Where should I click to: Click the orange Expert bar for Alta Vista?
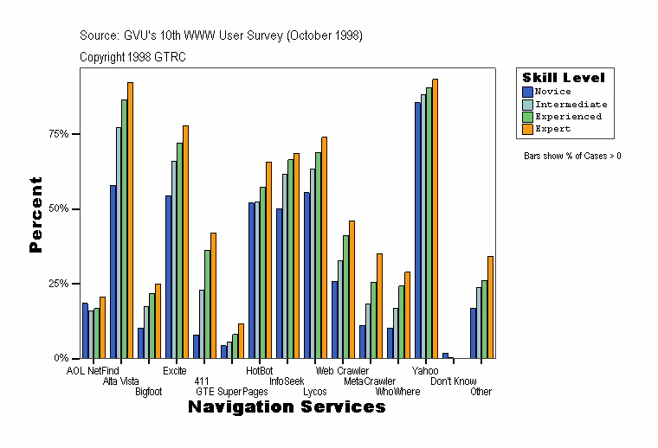point(130,221)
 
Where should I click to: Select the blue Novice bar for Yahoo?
point(417,230)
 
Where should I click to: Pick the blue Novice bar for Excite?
point(168,277)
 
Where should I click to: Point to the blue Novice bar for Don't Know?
point(445,355)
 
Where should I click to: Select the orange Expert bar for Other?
point(490,307)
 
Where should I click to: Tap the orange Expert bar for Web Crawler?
point(324,247)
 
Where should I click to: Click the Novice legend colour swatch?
point(527,92)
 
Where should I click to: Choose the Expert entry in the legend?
point(552,129)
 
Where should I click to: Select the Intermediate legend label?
point(571,104)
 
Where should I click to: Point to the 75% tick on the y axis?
point(78,134)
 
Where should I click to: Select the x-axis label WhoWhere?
point(397,392)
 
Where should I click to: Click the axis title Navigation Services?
point(287,407)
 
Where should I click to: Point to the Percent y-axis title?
point(35,214)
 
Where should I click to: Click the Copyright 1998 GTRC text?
point(132,57)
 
